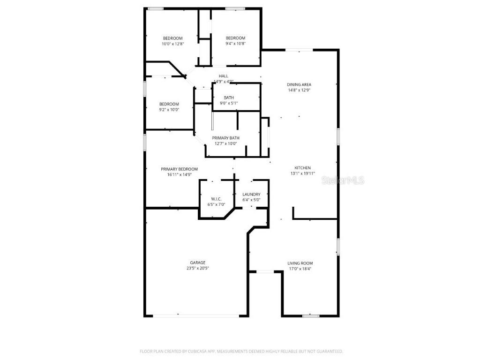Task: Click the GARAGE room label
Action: click(x=198, y=262)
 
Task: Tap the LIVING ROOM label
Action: click(x=300, y=263)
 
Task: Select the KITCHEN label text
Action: click(x=302, y=168)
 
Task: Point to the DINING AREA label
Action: click(x=299, y=84)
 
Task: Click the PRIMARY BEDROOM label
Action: click(x=180, y=169)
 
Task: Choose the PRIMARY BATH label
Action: click(x=225, y=138)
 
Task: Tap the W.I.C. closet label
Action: click(x=217, y=199)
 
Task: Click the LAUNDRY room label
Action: click(x=251, y=195)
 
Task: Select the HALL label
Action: click(x=224, y=76)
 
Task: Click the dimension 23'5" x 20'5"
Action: click(x=198, y=268)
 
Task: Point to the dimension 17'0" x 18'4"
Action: click(x=300, y=269)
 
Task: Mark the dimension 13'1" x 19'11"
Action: click(x=302, y=173)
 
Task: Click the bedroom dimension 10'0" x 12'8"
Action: click(x=172, y=44)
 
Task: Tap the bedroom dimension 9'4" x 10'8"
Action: click(x=235, y=44)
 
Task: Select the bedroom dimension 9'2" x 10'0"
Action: click(x=169, y=110)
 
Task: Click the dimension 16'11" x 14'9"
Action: click(x=180, y=174)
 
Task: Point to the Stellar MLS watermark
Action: click(x=343, y=180)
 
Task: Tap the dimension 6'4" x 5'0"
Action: click(x=251, y=200)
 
